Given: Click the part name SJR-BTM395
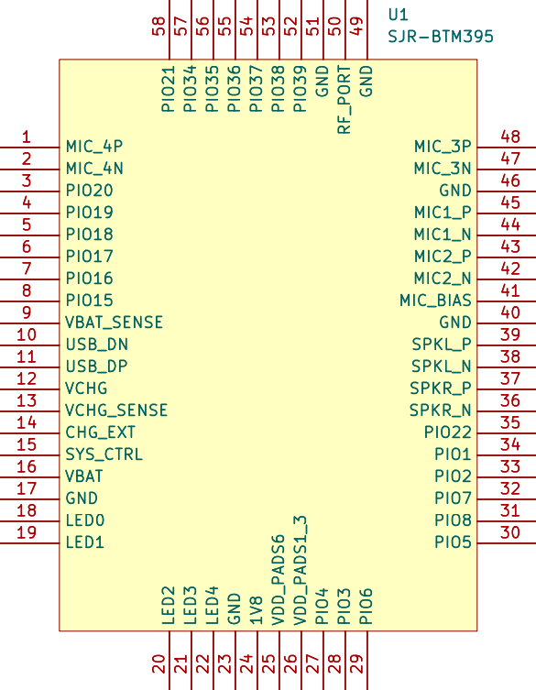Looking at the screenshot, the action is pyautogui.click(x=441, y=36).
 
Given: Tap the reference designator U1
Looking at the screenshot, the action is pyautogui.click(x=399, y=15).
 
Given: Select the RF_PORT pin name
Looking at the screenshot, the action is pyautogui.click(x=345, y=100).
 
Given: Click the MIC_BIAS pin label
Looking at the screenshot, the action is pyautogui.click(x=435, y=301).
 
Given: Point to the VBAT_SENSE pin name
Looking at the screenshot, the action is pyautogui.click(x=114, y=323).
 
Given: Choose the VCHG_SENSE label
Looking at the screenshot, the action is pyautogui.click(x=116, y=411).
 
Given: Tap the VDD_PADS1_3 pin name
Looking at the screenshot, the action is pyautogui.click(x=301, y=571).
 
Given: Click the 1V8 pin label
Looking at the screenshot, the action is pyautogui.click(x=257, y=610).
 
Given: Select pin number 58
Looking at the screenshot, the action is pyautogui.click(x=159, y=26).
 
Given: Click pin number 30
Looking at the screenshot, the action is pyautogui.click(x=510, y=532).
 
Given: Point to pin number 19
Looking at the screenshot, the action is pyautogui.click(x=26, y=532).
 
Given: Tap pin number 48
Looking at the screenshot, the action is pyautogui.click(x=510, y=137).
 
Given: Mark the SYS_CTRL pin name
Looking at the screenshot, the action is pyautogui.click(x=104, y=455).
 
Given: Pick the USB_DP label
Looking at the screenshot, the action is pyautogui.click(x=96, y=367).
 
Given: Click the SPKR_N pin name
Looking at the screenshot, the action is pyautogui.click(x=441, y=411).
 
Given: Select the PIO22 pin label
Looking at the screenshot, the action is pyautogui.click(x=447, y=433).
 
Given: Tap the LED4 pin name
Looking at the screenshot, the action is pyautogui.click(x=213, y=606).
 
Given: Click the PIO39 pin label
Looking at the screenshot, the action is pyautogui.click(x=301, y=89).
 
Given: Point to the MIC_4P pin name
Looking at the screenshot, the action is pyautogui.click(x=94, y=146).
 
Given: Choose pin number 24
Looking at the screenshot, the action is pyautogui.click(x=246, y=663).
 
